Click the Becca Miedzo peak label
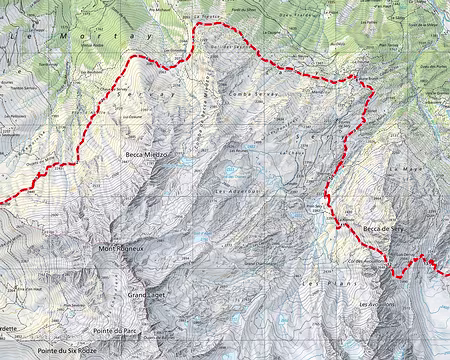pyautogui.click(x=146, y=156)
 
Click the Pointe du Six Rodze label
pyautogui.click(x=68, y=352)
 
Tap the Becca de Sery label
pyautogui.click(x=382, y=230)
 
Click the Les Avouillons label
pyautogui.click(x=377, y=303)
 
